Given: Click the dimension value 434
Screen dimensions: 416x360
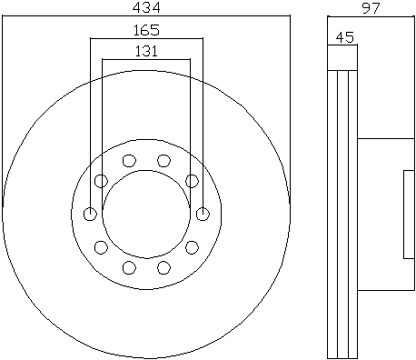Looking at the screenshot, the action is point(146,7).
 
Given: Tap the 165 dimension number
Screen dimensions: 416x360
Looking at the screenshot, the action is point(146,30).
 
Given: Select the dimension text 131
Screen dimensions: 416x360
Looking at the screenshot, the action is point(146,51).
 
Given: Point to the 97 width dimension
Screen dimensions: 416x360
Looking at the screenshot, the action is point(371,8).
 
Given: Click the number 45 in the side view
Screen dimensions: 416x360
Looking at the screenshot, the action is point(345,37).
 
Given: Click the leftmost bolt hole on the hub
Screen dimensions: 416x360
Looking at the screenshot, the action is point(90,214).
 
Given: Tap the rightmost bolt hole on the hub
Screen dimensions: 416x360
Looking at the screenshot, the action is point(203,214).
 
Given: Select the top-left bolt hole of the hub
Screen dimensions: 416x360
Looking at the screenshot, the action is point(129,160).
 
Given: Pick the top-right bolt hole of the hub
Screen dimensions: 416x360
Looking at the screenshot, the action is point(163,160).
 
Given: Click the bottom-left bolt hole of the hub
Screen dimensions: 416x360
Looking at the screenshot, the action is point(129,267).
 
